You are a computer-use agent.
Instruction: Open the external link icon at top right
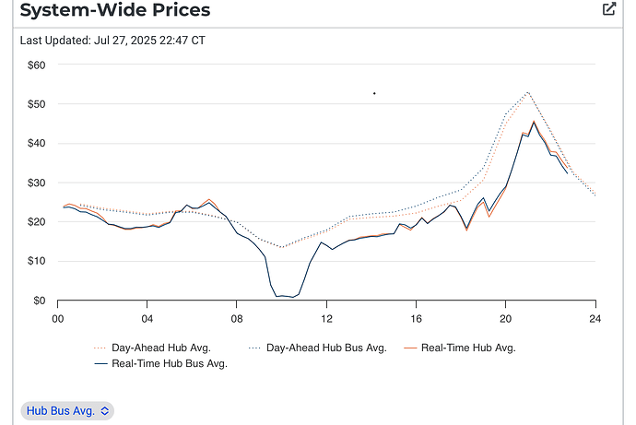pos(608,9)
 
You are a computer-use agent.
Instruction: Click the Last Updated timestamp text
pos(112,41)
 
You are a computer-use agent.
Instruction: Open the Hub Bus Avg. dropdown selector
pos(67,410)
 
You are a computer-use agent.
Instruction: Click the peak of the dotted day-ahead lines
pos(527,92)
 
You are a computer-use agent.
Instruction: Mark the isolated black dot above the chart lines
pos(374,93)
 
